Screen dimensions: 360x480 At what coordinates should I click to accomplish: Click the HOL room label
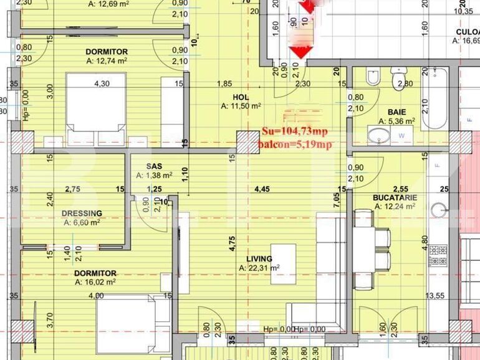[241, 97]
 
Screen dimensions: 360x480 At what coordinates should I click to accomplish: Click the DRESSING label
[82, 213]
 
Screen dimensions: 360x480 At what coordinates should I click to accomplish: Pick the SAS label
[154, 166]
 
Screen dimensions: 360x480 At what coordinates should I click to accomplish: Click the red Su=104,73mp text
[294, 131]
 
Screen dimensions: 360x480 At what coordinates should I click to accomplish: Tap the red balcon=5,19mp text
[295, 144]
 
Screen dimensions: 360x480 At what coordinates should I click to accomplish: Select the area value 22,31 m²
[259, 268]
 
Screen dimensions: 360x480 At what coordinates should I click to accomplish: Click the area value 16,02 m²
[95, 282]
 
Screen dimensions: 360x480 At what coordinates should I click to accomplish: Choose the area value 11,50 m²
[241, 107]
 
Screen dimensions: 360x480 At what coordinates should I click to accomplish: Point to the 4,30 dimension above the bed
[102, 83]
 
